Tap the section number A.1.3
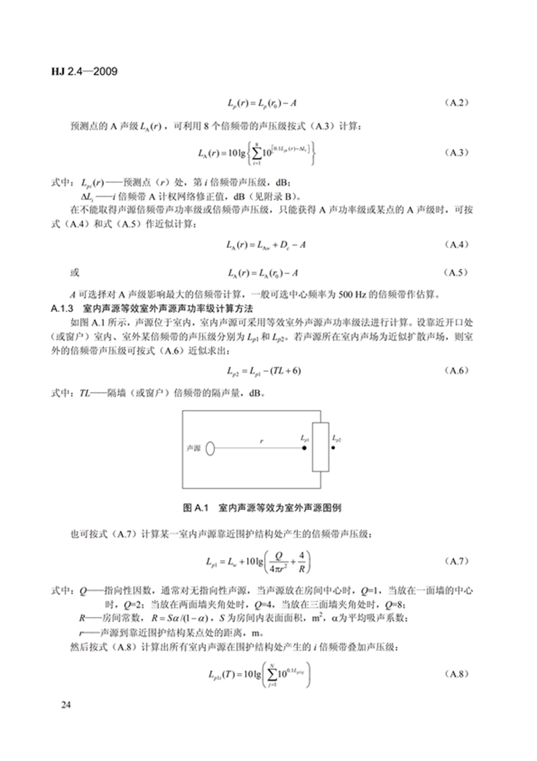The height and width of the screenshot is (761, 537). click(x=66, y=309)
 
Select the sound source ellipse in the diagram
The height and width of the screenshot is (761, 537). click(x=210, y=448)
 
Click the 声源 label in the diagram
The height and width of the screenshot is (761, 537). click(x=193, y=448)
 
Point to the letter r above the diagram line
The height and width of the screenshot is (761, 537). click(x=262, y=440)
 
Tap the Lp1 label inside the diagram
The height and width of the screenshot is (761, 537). click(x=306, y=438)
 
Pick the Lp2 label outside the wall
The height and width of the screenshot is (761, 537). click(x=336, y=438)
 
